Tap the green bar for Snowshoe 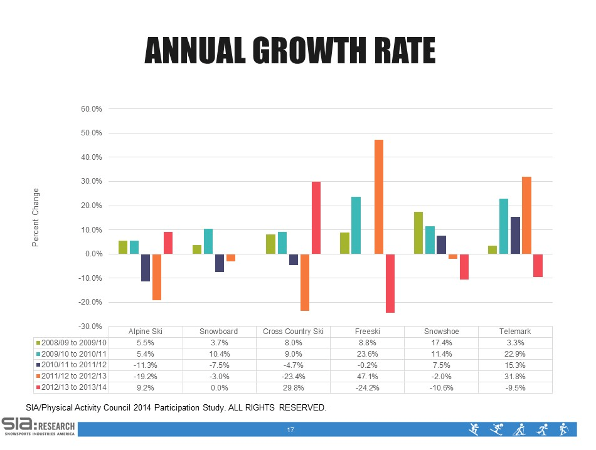(x=418, y=233)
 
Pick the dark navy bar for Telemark (x=515, y=235)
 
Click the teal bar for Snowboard (x=208, y=241)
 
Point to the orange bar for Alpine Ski (x=157, y=277)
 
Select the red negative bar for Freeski (x=390, y=283)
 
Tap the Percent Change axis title (x=36, y=217)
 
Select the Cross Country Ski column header (x=294, y=332)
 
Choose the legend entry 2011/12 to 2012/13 (x=70, y=376)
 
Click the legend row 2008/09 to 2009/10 (x=70, y=343)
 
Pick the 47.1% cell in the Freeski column (x=368, y=376)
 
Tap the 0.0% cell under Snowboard (x=220, y=387)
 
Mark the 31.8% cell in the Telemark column (x=516, y=376)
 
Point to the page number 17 (x=290, y=430)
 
